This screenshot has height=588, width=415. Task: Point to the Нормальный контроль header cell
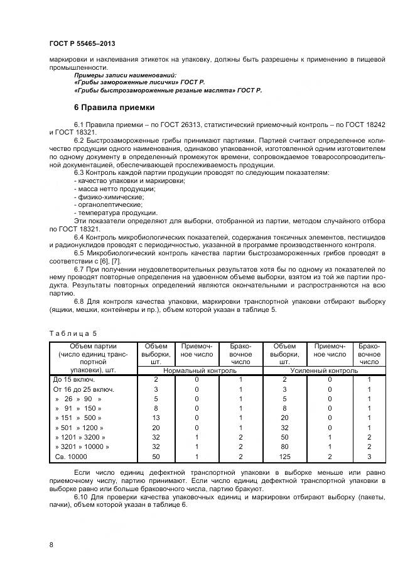[200, 370]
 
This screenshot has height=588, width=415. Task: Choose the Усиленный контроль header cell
[324, 370]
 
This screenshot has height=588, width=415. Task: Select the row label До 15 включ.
[74, 379]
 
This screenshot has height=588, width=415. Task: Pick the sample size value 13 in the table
[156, 418]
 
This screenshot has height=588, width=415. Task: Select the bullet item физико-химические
[105, 196]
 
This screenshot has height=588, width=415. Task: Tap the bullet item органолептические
[108, 204]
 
